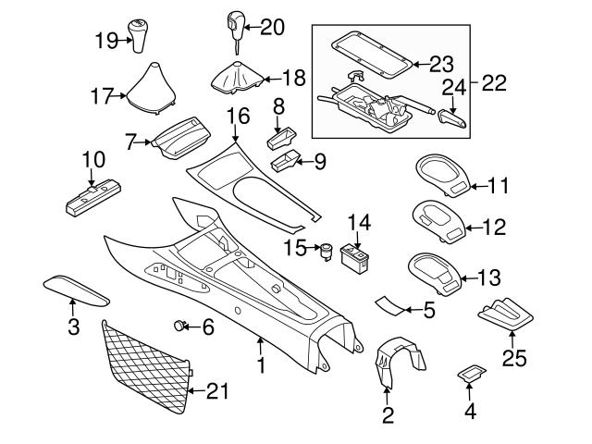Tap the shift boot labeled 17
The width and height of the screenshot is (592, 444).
click(x=152, y=95)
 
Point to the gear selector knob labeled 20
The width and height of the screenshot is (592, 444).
click(x=230, y=25)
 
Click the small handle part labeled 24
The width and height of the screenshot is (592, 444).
click(x=450, y=118)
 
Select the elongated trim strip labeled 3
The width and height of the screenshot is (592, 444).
click(x=76, y=291)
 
